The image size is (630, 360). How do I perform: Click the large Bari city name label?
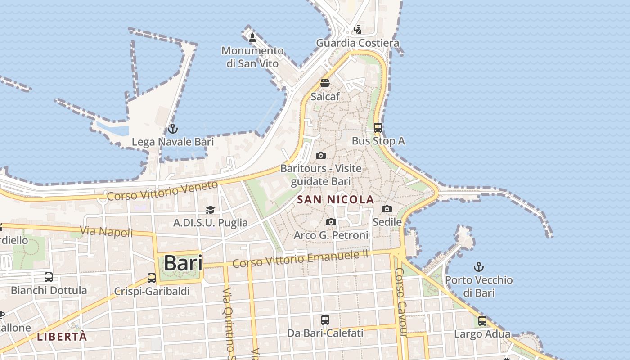[183, 263]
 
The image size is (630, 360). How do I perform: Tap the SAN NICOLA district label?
[336, 199]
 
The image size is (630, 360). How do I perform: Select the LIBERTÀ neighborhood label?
[62, 337]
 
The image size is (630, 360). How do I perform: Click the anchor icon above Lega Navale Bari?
[172, 129]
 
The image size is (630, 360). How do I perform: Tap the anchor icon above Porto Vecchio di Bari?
[479, 267]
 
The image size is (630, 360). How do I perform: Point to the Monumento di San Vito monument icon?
[252, 38]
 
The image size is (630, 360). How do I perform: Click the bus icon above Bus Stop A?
[378, 128]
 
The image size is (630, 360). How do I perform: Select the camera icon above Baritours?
[321, 156]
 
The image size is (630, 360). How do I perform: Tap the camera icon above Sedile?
[387, 209]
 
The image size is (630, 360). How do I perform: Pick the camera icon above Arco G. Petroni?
[331, 222]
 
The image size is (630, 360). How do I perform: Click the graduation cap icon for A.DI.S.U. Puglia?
[210, 210]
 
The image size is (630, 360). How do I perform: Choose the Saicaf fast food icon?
[325, 83]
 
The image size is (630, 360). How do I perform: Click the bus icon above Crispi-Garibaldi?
[152, 278]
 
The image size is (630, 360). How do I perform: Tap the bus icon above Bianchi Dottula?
[49, 277]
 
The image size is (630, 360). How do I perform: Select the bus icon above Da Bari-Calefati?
[325, 320]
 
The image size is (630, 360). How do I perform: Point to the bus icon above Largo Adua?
[482, 321]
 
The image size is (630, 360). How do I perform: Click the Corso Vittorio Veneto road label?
[162, 190]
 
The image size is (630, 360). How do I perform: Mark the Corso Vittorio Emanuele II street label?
[301, 259]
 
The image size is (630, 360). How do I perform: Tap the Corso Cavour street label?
[400, 302]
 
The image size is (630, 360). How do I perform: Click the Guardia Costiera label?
[358, 43]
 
